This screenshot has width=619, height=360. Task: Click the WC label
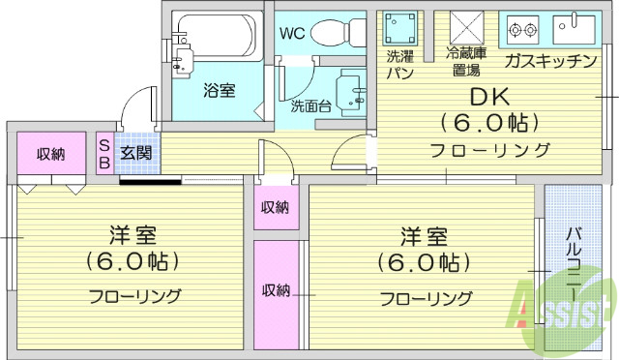pyautogui.click(x=292, y=33)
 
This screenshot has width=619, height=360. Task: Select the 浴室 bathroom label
pyautogui.click(x=219, y=91)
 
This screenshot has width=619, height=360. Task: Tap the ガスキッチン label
pyautogui.click(x=549, y=61)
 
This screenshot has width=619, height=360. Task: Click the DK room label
pyautogui.click(x=489, y=98)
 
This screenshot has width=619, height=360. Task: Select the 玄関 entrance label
pyautogui.click(x=135, y=152)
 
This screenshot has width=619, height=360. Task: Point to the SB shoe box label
pyautogui.click(x=104, y=153)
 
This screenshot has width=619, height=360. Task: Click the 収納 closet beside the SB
pyautogui.click(x=51, y=154)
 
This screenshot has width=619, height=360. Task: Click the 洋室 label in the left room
pyautogui.click(x=133, y=235)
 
